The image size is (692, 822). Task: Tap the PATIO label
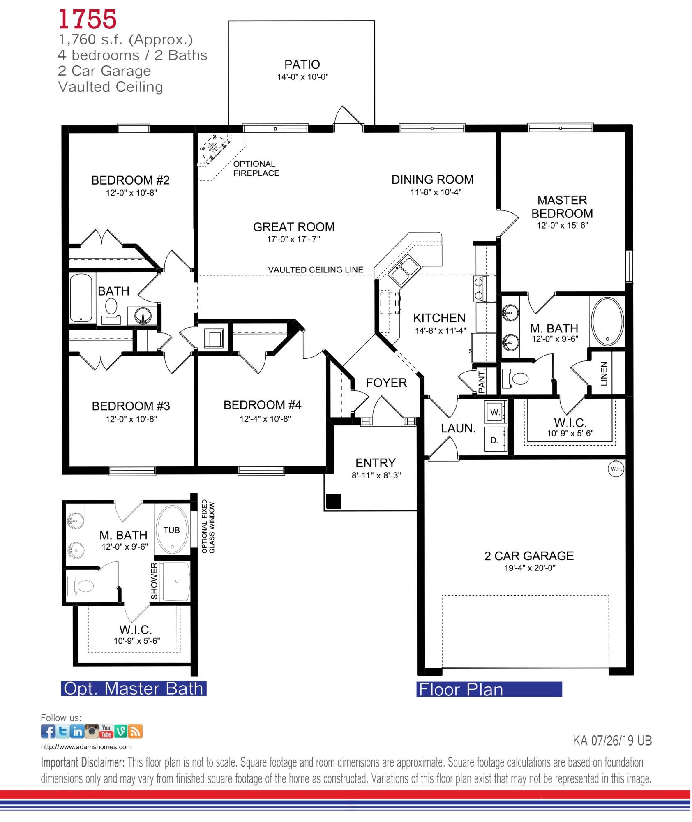302,65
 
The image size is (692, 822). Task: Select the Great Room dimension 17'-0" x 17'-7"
293,239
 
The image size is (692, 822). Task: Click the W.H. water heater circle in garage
615,469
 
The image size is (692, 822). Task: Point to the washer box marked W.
496,413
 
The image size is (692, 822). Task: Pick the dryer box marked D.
495,440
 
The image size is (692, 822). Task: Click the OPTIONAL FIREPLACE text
256,169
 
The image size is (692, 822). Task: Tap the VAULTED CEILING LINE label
316,270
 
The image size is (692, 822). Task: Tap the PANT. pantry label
482,380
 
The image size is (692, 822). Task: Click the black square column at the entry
334,501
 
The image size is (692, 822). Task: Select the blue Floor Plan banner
489,689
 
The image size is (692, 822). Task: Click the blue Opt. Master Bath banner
134,688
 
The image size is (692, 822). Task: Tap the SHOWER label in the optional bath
154,581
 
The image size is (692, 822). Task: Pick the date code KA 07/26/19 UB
612,741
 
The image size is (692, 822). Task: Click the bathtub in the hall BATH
81,298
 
